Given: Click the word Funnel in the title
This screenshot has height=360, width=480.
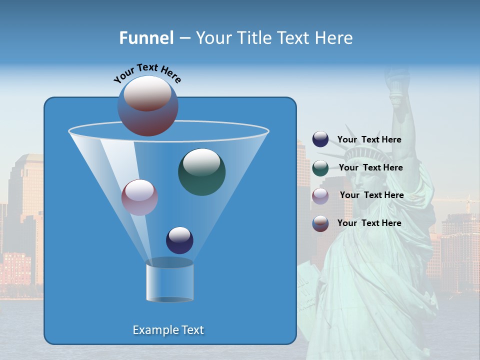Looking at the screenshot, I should click(x=146, y=38).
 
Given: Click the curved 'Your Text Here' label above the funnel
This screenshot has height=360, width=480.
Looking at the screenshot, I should click(x=147, y=73).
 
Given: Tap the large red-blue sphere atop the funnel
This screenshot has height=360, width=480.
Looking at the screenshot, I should click(x=148, y=106).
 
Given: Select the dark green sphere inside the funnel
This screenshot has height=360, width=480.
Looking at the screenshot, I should click(x=201, y=172).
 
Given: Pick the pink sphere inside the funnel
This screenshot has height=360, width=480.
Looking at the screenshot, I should click(x=139, y=197).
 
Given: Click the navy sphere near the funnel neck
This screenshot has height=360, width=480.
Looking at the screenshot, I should click(x=179, y=240).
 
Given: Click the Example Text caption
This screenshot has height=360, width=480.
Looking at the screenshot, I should click(x=168, y=330).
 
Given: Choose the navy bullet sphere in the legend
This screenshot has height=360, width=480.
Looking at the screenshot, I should click(x=320, y=139).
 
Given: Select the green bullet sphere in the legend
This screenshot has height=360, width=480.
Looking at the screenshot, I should click(x=320, y=168).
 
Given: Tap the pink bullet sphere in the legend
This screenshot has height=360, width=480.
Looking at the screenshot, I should click(x=320, y=195).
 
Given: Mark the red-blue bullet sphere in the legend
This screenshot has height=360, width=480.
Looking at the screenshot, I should click(x=320, y=223).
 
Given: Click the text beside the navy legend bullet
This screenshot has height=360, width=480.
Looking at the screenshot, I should click(x=369, y=140).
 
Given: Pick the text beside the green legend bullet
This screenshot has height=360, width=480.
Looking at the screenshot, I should click(x=370, y=168).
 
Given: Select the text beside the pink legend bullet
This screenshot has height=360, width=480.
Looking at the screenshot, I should click(x=371, y=195).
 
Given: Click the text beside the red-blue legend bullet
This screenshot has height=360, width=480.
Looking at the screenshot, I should click(x=369, y=223).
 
